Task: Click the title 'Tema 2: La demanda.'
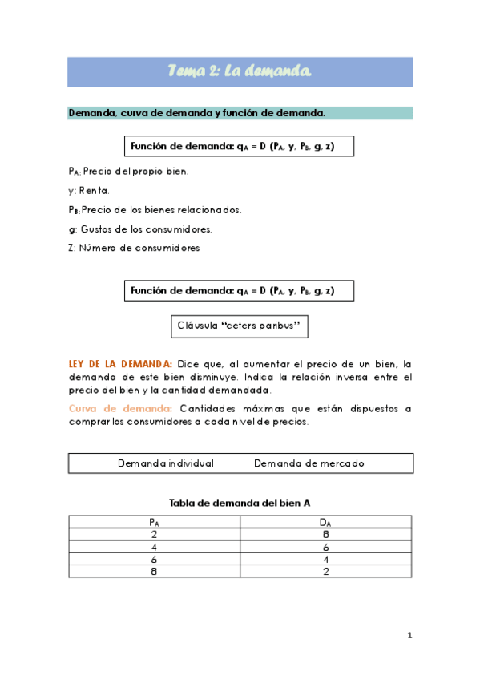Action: click(x=240, y=72)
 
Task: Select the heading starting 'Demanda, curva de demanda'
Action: click(x=196, y=113)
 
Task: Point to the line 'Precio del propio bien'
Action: click(x=128, y=171)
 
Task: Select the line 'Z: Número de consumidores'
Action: click(x=134, y=248)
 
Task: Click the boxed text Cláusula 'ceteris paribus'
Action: click(x=240, y=326)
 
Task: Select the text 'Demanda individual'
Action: click(x=166, y=463)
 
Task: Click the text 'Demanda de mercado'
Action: click(x=309, y=463)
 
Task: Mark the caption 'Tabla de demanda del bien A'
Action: click(x=240, y=503)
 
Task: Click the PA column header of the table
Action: click(x=154, y=522)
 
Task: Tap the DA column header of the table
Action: click(x=325, y=522)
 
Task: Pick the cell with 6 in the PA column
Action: click(x=154, y=558)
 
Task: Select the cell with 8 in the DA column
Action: click(x=325, y=534)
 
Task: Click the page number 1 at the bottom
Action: click(x=409, y=636)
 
